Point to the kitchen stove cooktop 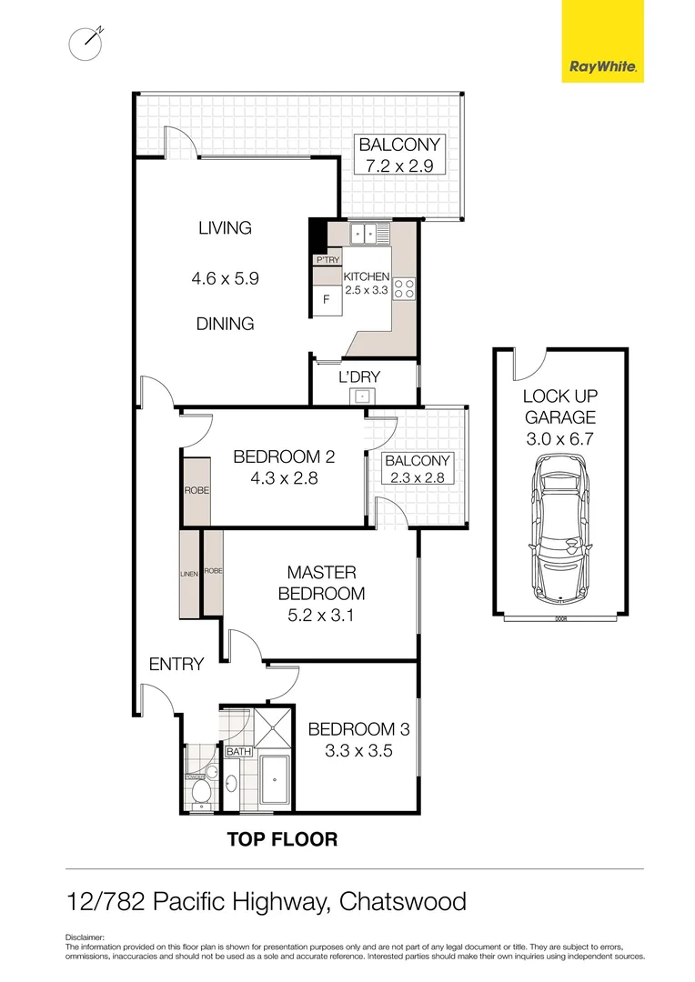[405, 289]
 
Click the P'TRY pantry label [327, 260]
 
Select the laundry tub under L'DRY [362, 396]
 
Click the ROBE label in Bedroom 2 [196, 490]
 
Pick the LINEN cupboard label [189, 574]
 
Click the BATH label [238, 752]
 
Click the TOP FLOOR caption [281, 839]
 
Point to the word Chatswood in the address [402, 902]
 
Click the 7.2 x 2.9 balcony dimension [399, 165]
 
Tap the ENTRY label [176, 665]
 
